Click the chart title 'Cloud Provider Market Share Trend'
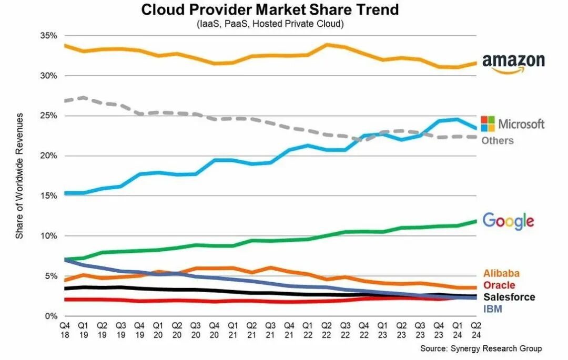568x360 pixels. [x=270, y=10]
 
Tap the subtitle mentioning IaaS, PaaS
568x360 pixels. [x=270, y=24]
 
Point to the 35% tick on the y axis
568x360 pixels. [x=48, y=36]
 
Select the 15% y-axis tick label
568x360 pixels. [x=48, y=196]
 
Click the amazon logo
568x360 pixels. [x=513, y=63]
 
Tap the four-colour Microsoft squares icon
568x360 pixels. [x=488, y=124]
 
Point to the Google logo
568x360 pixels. [x=508, y=221]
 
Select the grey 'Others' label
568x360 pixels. [x=497, y=141]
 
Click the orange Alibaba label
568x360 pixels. [x=501, y=273]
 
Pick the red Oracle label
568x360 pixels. [x=499, y=285]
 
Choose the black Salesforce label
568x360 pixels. [x=509, y=297]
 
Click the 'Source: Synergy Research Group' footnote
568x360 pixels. [x=480, y=348]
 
